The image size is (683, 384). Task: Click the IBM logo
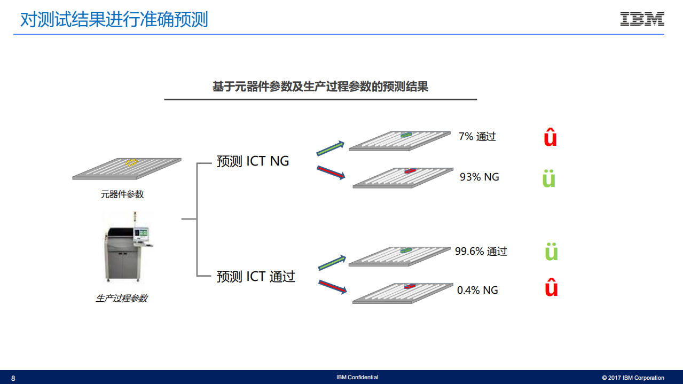point(642,19)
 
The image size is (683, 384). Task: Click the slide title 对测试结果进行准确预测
point(114,20)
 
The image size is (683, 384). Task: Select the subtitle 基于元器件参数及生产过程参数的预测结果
point(320,87)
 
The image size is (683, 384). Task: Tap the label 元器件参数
point(122,194)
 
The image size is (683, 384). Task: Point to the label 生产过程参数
point(122,299)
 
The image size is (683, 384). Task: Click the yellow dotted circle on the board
point(131,162)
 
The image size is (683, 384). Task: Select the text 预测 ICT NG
point(253,161)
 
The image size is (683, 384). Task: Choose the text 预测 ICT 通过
point(256,277)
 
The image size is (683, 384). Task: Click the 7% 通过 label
point(477,137)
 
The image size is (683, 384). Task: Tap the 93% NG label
point(480,177)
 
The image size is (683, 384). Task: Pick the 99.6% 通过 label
point(481,251)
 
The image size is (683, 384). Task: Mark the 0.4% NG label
point(477,290)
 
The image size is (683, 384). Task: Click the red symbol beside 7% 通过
point(550,137)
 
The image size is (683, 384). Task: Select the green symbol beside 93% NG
point(548,178)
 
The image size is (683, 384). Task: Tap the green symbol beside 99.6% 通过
point(551,252)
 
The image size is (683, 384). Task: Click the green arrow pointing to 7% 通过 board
point(331,148)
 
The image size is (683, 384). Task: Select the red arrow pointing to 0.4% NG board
point(332,286)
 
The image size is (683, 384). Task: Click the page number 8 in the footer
point(13,378)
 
